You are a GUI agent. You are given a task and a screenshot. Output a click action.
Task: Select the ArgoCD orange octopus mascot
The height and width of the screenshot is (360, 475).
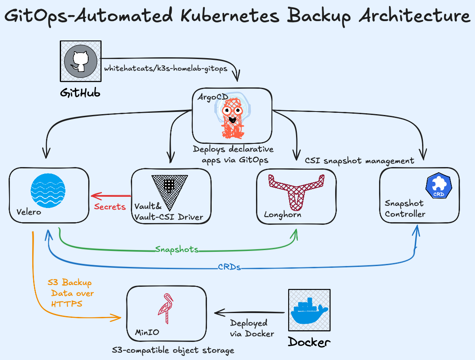click(232, 115)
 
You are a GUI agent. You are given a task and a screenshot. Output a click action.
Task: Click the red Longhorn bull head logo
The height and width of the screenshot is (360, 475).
click(296, 189)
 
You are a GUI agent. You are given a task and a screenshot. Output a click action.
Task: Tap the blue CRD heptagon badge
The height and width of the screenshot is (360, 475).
click(438, 186)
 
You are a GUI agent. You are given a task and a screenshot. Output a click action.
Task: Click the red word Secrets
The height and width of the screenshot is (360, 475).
click(110, 207)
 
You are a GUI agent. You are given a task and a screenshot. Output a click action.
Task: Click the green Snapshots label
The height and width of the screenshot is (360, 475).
click(177, 249)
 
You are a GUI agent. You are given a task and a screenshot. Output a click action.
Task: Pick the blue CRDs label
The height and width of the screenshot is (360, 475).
click(229, 267)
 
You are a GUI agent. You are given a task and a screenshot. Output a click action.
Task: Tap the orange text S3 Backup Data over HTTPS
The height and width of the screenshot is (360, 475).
click(71, 293)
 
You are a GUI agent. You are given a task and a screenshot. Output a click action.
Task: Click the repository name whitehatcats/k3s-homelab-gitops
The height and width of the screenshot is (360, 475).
click(166, 69)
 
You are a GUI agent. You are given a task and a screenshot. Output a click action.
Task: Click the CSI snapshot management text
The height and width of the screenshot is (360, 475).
click(359, 161)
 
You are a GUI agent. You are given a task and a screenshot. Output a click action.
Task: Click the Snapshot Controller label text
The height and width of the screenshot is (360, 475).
click(405, 208)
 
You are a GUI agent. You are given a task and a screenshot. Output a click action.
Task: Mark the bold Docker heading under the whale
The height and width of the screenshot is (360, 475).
click(309, 342)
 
